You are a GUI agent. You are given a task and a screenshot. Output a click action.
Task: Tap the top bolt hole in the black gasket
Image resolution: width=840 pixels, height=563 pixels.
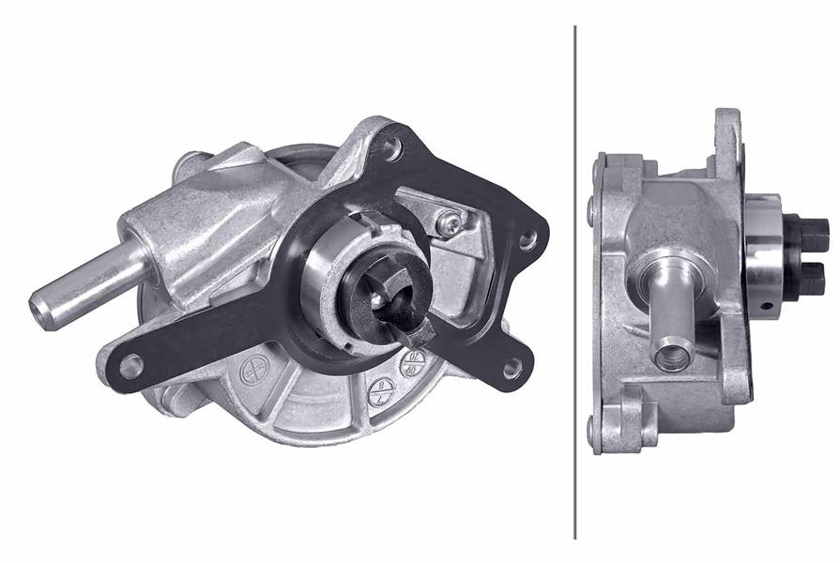[392, 147]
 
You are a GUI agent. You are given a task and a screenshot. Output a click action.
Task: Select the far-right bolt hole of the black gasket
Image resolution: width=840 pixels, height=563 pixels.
[527, 240]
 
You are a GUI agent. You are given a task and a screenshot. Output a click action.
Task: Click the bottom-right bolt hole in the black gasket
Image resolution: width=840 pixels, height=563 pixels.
[512, 369]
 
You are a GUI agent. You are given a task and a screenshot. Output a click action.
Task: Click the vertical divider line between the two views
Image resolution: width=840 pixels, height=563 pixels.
[574, 281]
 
